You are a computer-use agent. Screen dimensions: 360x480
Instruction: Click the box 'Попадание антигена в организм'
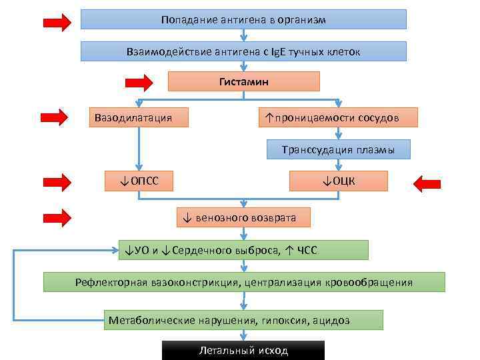point(243,19)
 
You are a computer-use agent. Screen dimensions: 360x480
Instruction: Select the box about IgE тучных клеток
point(243,51)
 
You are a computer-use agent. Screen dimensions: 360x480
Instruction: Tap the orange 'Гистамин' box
point(243,81)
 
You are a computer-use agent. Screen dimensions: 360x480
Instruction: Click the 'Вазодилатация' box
point(139,117)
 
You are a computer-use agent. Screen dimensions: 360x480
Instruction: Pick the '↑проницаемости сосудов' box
point(338,117)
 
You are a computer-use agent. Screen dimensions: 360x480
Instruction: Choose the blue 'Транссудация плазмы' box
point(338,149)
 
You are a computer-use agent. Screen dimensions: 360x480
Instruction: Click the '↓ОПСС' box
point(139,181)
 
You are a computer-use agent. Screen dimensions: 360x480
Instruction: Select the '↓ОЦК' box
point(338,181)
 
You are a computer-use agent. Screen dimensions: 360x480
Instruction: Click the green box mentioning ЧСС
point(243,250)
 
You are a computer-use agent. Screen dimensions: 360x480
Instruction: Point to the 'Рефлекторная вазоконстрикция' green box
point(244,282)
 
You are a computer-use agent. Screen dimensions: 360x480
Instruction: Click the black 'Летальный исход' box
point(243,351)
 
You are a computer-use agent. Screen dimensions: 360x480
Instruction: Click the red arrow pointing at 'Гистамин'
point(138,83)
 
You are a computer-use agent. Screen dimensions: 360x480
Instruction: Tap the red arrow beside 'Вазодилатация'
point(55,118)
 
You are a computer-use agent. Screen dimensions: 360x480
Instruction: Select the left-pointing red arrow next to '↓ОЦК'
point(427,181)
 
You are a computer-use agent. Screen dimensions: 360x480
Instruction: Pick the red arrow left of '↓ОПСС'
point(57,181)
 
